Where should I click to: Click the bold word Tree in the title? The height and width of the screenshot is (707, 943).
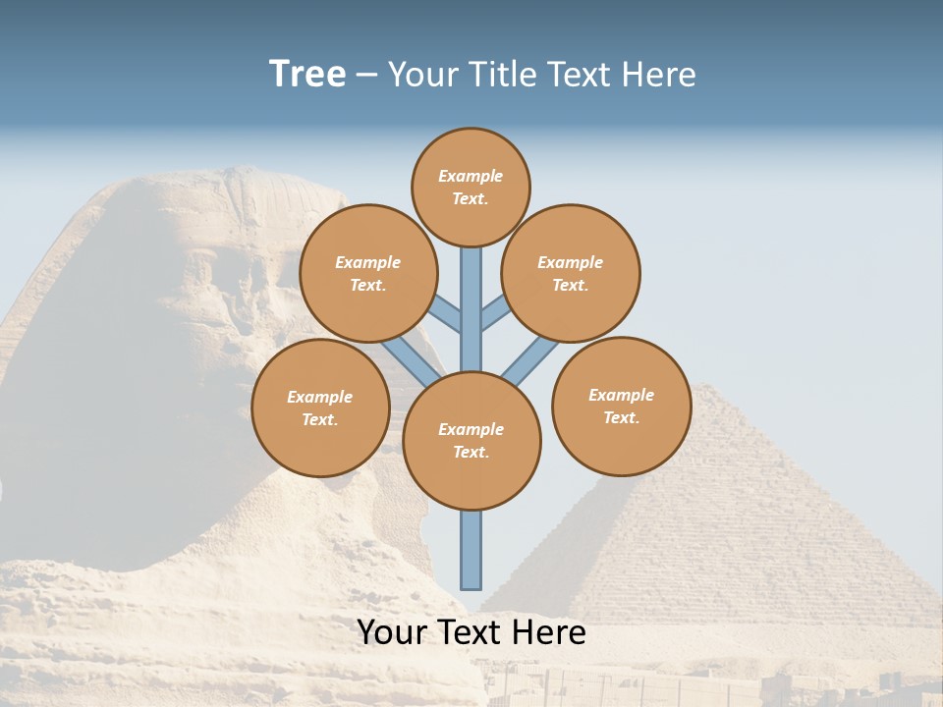(307, 75)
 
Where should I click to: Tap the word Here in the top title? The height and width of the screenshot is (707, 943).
(658, 75)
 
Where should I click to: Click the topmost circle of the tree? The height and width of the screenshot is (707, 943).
(471, 187)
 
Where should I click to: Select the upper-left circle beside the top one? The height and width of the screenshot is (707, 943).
(368, 273)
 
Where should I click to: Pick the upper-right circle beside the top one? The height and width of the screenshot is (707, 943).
(571, 273)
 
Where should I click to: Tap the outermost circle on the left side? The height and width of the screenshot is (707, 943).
(320, 408)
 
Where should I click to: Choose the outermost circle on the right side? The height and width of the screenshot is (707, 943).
(622, 406)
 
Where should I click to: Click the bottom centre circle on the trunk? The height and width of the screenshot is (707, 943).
(471, 440)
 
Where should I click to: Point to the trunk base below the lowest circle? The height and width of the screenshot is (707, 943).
(471, 550)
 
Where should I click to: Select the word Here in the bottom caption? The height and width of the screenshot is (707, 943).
(550, 632)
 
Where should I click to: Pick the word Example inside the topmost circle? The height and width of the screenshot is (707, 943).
(471, 176)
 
